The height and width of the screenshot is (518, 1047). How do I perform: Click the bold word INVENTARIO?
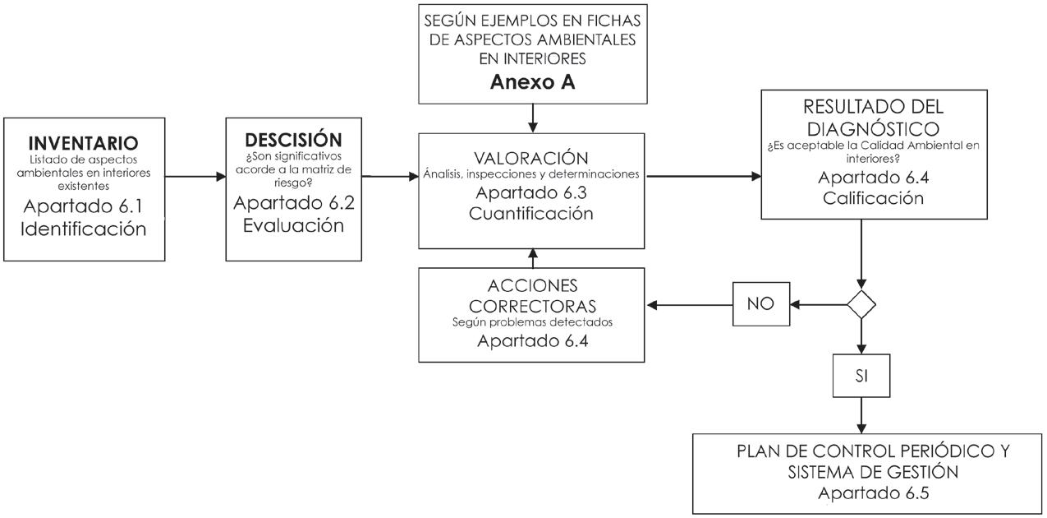pos(83,143)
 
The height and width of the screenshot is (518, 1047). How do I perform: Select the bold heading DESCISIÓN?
pos(293,140)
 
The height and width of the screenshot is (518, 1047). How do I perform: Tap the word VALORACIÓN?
pos(531,158)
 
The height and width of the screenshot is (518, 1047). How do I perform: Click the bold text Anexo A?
pos(532,82)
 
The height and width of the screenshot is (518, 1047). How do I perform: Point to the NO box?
pos(761,304)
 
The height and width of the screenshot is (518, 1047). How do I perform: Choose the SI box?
pos(861,376)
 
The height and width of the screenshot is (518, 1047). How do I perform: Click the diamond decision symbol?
pos(861,304)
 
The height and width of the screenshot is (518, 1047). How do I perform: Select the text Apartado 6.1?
pos(83,206)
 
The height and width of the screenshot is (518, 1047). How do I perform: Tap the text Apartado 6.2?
pos(293,202)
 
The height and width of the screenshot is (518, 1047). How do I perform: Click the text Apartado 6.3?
pos(531,192)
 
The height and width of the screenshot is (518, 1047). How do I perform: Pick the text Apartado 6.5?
pos(873,493)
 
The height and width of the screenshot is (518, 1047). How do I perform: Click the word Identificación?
pos(83,229)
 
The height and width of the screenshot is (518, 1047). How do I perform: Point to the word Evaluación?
pos(293,225)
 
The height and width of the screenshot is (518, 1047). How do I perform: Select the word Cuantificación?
pos(531,214)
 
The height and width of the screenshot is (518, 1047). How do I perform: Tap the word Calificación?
pos(873,198)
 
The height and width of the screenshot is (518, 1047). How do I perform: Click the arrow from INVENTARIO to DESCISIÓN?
pos(195,177)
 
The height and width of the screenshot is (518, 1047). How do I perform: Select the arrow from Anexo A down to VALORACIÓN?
pos(532,118)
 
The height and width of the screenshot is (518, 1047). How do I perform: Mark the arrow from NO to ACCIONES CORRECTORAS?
pos(690,305)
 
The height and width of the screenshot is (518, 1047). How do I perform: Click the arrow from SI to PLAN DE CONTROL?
pos(861,415)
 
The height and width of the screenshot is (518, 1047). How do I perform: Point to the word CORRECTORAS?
pos(532,307)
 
